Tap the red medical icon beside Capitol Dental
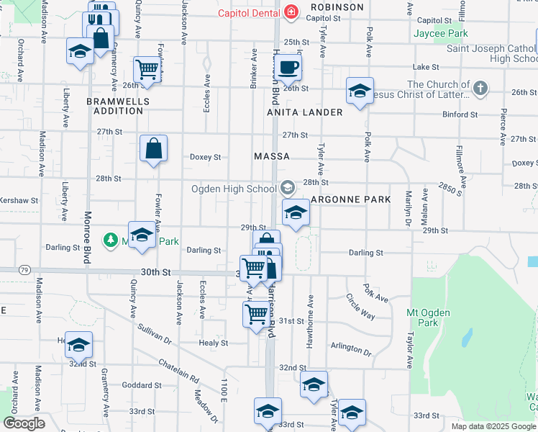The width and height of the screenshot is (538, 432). (291, 12)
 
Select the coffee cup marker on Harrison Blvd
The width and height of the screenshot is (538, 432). (288, 68)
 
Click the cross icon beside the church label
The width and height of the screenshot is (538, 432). (480, 89)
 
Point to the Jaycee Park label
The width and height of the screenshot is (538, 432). (441, 33)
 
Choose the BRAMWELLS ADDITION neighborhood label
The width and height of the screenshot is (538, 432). (118, 106)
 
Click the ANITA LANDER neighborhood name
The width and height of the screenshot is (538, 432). (305, 112)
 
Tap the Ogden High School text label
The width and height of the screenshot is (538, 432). (234, 189)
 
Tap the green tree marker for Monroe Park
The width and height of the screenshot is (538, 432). (110, 239)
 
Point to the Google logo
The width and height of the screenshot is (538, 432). (24, 423)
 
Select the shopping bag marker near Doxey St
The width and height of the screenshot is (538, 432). (154, 149)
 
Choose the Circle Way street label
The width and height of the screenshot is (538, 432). (360, 306)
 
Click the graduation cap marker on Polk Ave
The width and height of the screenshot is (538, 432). (359, 91)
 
